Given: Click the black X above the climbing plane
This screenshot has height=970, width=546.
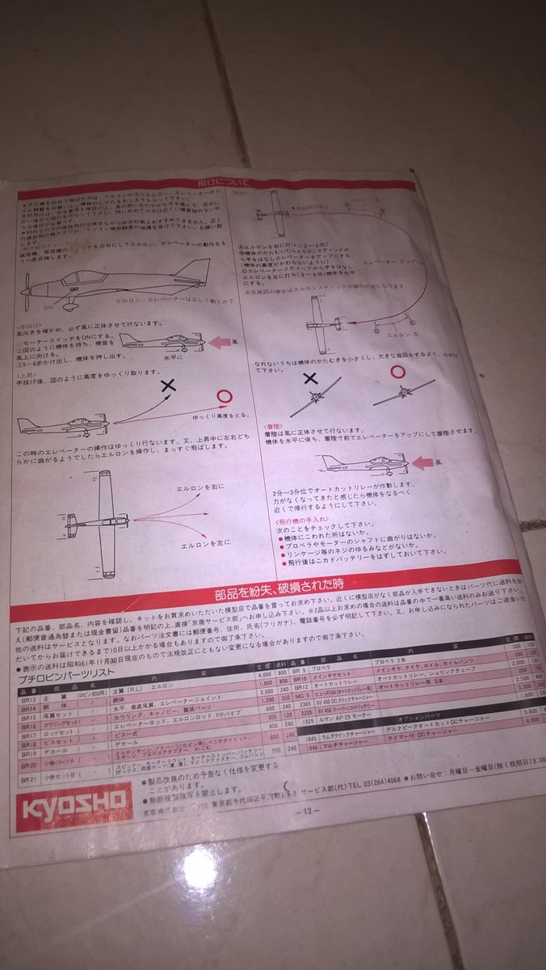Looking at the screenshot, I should (168, 387).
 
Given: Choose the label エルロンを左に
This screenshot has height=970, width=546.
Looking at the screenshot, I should (203, 544).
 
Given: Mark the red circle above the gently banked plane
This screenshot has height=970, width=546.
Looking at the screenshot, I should (397, 370).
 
